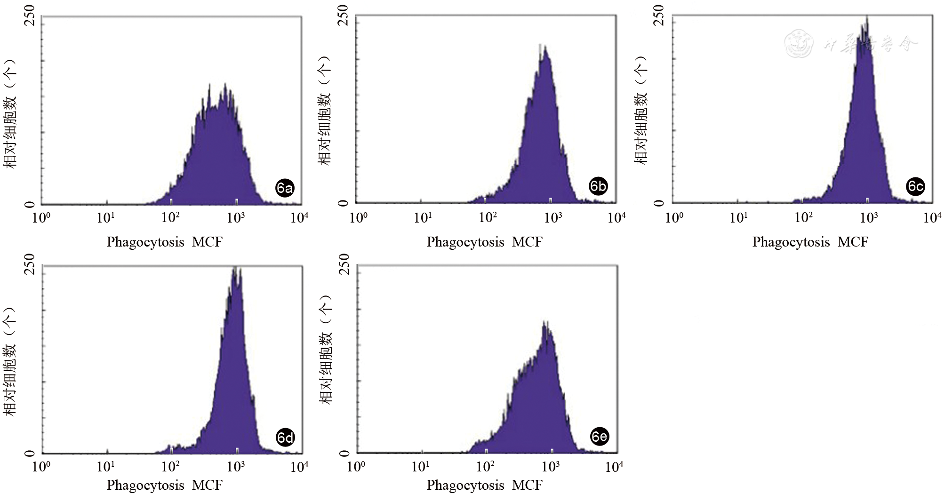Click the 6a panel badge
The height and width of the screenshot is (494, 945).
coord(285,188)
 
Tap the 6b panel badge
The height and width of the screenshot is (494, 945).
coord(598,186)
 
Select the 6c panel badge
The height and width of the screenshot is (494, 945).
coord(915,187)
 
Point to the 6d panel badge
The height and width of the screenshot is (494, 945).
coord(285,438)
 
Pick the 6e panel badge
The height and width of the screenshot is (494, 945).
coord(599,437)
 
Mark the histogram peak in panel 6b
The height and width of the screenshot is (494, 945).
coord(545,47)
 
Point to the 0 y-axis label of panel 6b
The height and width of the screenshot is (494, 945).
coord(344,203)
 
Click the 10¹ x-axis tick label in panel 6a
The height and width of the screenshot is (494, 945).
coord(105,218)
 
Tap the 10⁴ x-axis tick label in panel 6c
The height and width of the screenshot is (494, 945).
coord(932,218)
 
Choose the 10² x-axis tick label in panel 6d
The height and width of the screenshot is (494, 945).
coord(170,467)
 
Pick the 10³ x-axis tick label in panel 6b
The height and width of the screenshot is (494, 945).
coord(553,218)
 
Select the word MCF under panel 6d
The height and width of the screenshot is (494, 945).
coord(208,485)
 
